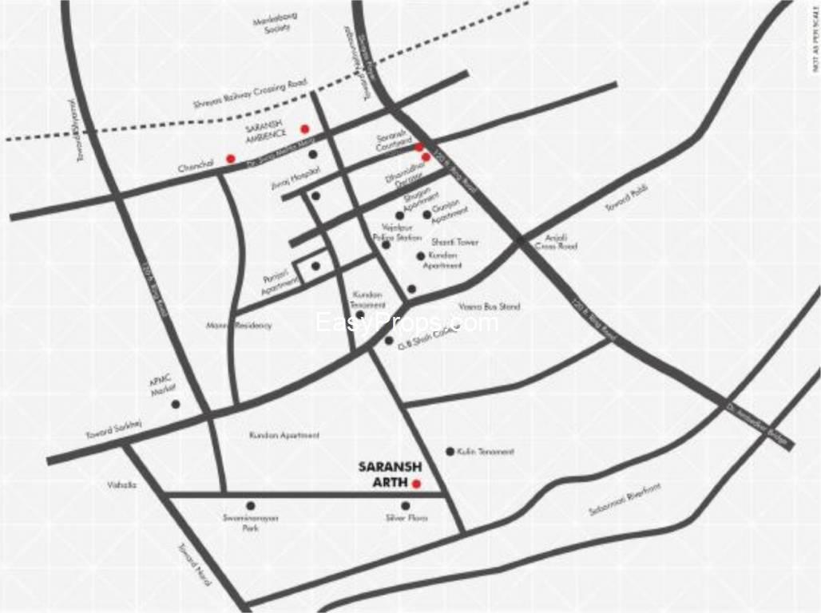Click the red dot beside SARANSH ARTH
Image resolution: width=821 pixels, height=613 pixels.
point(416,483)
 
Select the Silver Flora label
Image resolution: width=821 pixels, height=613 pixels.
point(407,519)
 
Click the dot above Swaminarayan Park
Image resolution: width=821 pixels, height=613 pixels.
point(251,505)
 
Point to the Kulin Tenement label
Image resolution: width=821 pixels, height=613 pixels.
point(486,452)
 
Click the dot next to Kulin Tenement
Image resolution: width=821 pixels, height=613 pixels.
point(450,451)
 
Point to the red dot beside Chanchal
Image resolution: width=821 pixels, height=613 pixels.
point(231,158)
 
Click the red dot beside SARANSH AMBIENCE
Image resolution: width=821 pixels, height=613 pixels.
point(304,129)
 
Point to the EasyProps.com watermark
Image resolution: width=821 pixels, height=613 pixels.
point(407,322)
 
